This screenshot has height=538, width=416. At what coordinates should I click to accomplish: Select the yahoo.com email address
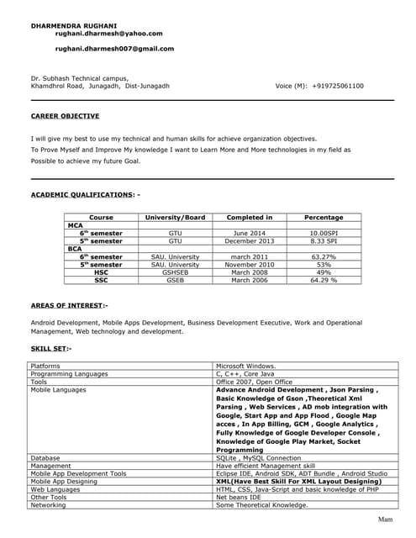[x=108, y=34]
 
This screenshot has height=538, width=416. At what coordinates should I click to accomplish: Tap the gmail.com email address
[x=114, y=49]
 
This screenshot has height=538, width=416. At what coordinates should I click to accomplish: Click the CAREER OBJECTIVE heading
[x=65, y=116]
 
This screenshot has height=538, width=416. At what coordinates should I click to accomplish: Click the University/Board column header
[x=175, y=217]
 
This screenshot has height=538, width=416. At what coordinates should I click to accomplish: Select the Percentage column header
[x=324, y=217]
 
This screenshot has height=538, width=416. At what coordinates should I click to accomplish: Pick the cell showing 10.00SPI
[x=324, y=233]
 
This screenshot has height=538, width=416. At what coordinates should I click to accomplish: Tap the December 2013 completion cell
[x=250, y=240]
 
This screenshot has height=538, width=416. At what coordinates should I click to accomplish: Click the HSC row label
[x=101, y=272]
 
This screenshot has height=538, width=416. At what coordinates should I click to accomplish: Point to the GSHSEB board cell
[x=175, y=272]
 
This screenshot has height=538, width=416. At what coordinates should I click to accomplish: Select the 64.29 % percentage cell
[x=324, y=280]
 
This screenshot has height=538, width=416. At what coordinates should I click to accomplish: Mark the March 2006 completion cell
[x=250, y=280]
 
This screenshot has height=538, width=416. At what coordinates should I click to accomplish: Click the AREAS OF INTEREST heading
[x=69, y=306]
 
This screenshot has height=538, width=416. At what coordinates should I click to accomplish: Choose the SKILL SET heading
[x=51, y=347]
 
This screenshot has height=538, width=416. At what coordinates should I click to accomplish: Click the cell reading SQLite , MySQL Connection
[x=258, y=457]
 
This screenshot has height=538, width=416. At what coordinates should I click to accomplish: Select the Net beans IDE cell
[x=239, y=497]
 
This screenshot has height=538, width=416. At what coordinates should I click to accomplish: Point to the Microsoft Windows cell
[x=252, y=367]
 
